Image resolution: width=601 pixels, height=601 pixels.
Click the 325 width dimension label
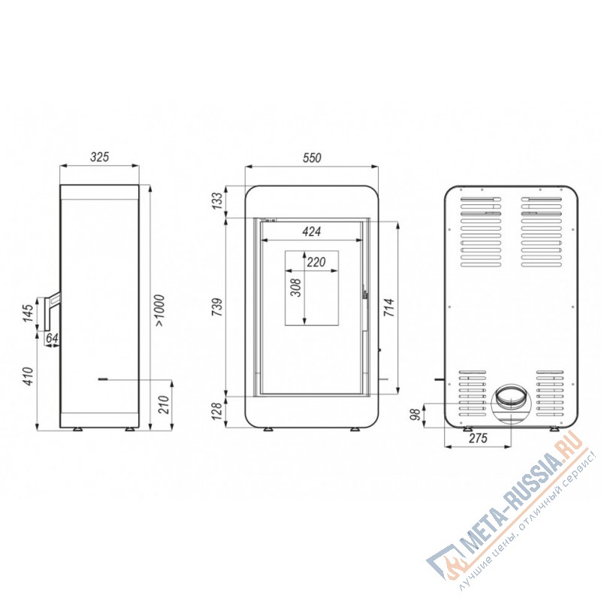point(100,157)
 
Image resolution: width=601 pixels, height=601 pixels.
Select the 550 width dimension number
point(312,158)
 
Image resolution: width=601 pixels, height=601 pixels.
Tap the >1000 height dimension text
point(159,310)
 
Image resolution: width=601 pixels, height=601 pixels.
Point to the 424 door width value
point(311,231)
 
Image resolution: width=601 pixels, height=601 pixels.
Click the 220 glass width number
point(316,262)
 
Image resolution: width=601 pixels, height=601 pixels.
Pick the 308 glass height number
point(296,288)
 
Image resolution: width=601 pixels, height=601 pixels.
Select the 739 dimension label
point(217,307)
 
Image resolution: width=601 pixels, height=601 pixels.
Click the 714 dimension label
point(388,307)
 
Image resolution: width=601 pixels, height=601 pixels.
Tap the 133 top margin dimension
point(217,201)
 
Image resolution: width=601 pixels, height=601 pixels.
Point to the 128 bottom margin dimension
point(217,411)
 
